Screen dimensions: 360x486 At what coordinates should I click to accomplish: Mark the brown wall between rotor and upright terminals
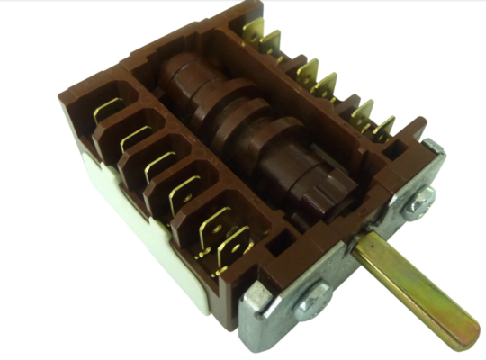[x=297, y=99]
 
